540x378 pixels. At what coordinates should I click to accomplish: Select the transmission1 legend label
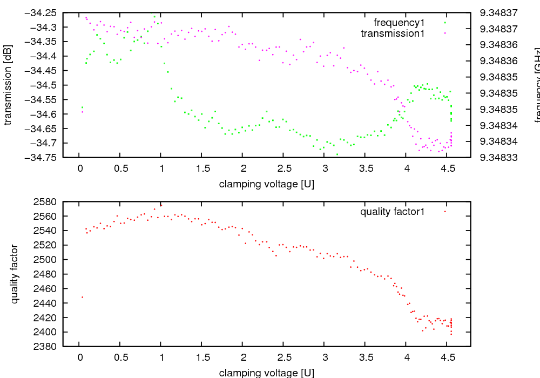(393, 33)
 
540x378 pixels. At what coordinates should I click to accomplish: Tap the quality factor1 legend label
(393, 212)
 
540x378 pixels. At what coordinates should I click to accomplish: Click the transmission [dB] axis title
(8, 85)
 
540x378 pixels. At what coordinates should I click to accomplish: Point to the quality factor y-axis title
(15, 274)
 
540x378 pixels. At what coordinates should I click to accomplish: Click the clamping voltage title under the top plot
(267, 184)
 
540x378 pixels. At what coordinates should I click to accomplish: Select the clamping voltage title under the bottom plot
(267, 373)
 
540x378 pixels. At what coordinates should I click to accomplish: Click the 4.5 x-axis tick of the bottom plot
(448, 357)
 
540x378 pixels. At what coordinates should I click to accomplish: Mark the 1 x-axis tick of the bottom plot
(161, 357)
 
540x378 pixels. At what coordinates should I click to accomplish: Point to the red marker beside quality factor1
(445, 212)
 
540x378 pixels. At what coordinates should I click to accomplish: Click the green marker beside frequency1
(445, 23)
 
